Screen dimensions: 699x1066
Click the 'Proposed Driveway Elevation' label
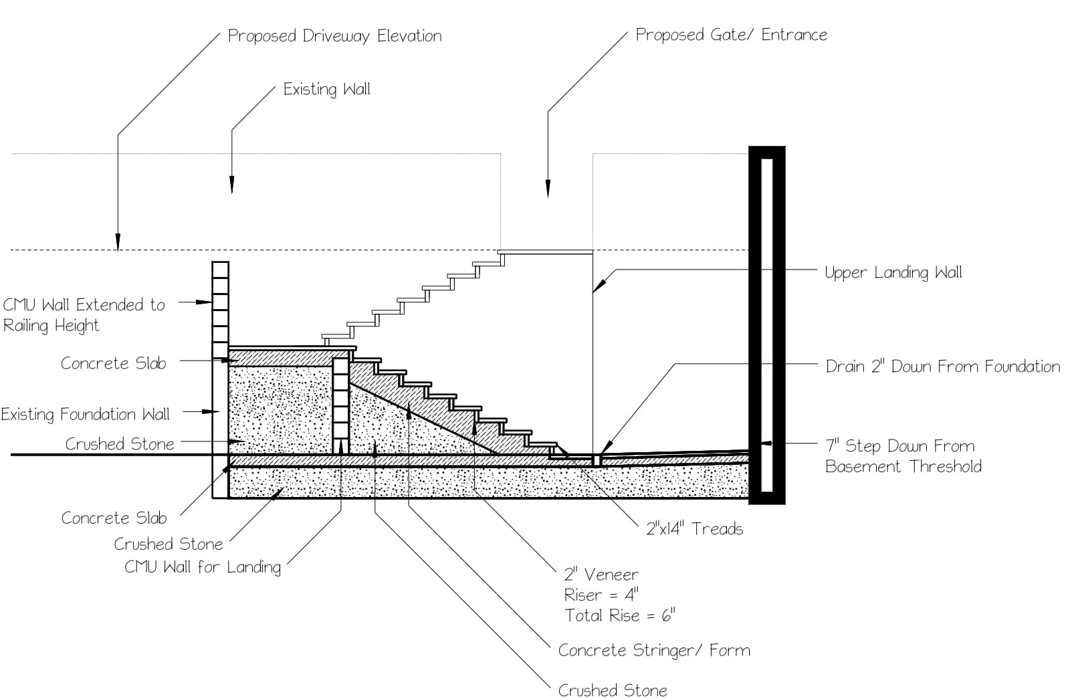pyautogui.click(x=334, y=36)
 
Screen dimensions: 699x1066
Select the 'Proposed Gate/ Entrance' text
pyautogui.click(x=731, y=35)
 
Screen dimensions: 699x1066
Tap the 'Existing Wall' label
pyautogui.click(x=326, y=90)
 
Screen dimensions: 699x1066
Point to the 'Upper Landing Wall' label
pyautogui.click(x=893, y=272)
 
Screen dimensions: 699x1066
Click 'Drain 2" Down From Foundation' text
pyautogui.click(x=942, y=367)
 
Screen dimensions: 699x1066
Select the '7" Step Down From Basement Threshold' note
pyautogui.click(x=903, y=456)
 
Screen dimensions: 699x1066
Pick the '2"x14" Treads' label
pyautogui.click(x=694, y=529)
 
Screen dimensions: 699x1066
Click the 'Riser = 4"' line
pyautogui.click(x=601, y=595)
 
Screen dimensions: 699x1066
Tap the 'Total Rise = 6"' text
pyautogui.click(x=619, y=615)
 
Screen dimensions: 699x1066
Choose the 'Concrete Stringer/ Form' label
pyautogui.click(x=653, y=650)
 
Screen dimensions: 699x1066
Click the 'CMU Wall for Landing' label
pyautogui.click(x=202, y=567)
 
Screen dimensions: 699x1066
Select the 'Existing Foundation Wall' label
pyautogui.click(x=85, y=415)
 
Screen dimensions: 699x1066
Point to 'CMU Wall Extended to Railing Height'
pyautogui.click(x=83, y=315)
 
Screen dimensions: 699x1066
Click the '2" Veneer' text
pyautogui.click(x=601, y=574)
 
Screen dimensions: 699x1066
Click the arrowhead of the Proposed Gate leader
pyautogui.click(x=548, y=189)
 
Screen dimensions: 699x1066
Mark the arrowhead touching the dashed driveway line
pyautogui.click(x=118, y=242)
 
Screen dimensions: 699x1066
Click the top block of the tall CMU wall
pyautogui.click(x=220, y=270)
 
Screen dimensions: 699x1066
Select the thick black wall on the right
pyautogui.click(x=766, y=324)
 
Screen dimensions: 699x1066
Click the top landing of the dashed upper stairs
pyautogui.click(x=546, y=252)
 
